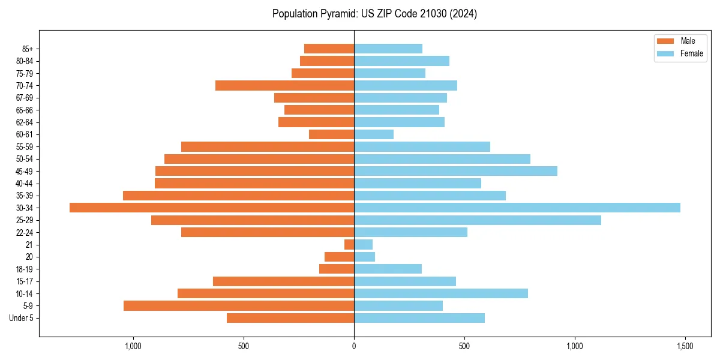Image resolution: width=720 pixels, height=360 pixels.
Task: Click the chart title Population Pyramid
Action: point(374,14)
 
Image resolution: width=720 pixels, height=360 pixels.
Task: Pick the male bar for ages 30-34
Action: point(212,208)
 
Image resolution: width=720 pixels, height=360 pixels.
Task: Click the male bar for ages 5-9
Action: point(239,306)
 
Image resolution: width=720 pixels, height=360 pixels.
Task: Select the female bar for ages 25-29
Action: point(477,220)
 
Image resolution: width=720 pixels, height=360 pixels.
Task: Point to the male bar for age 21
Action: point(349,245)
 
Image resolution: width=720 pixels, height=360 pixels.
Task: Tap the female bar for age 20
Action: point(364,257)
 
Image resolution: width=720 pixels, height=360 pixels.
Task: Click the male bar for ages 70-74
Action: point(284,85)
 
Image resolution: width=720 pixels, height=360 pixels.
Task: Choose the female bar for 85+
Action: point(388,49)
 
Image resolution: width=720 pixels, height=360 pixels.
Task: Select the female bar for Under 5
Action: point(419,318)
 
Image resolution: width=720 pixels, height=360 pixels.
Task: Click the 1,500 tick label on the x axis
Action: point(685,346)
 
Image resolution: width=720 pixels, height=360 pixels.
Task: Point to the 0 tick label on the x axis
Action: point(354,346)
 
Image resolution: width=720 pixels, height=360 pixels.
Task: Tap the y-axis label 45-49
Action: point(25,171)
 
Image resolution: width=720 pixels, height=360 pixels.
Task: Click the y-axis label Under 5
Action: point(22,318)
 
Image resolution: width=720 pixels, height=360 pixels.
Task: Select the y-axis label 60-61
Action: point(25,134)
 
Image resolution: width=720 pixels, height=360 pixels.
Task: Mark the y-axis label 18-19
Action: point(25,269)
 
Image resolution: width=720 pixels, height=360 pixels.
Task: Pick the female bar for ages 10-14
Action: point(441,293)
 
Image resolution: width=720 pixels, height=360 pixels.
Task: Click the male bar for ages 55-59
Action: point(268,146)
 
